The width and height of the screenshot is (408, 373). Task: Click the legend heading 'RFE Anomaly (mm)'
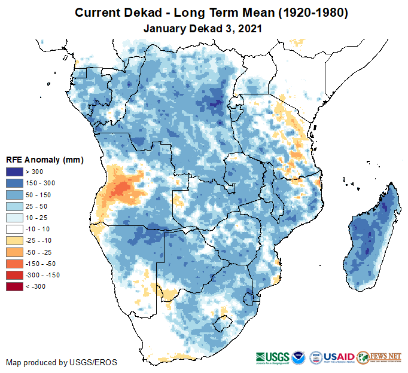pyautogui.click(x=44, y=160)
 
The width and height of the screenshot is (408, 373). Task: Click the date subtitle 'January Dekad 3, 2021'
pyautogui.click(x=203, y=27)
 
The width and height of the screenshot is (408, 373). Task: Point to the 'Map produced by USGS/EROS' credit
pyautogui.click(x=62, y=362)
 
